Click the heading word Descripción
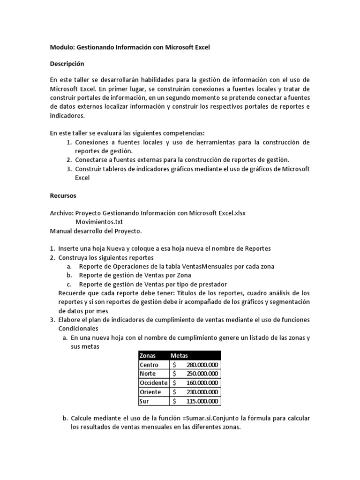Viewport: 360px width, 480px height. [x=67, y=63]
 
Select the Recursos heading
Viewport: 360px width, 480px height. [x=63, y=195]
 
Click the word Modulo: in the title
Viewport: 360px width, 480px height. [x=62, y=47]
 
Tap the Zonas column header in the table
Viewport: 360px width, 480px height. [x=148, y=356]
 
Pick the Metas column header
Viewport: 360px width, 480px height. [x=179, y=356]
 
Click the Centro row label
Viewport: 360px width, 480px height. [x=149, y=365]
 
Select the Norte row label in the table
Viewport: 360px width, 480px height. [x=148, y=374]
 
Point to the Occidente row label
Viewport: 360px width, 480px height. [x=153, y=383]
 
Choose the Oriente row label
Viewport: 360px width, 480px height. [x=150, y=392]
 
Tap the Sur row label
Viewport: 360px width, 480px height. [x=144, y=401]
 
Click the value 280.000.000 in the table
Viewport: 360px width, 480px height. [x=202, y=365]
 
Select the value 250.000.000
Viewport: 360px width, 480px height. [x=202, y=374]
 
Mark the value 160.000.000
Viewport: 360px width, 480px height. [x=202, y=383]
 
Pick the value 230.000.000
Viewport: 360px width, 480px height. [x=202, y=392]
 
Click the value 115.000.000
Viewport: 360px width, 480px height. [x=202, y=401]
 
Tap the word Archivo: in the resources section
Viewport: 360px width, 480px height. [x=61, y=213]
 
